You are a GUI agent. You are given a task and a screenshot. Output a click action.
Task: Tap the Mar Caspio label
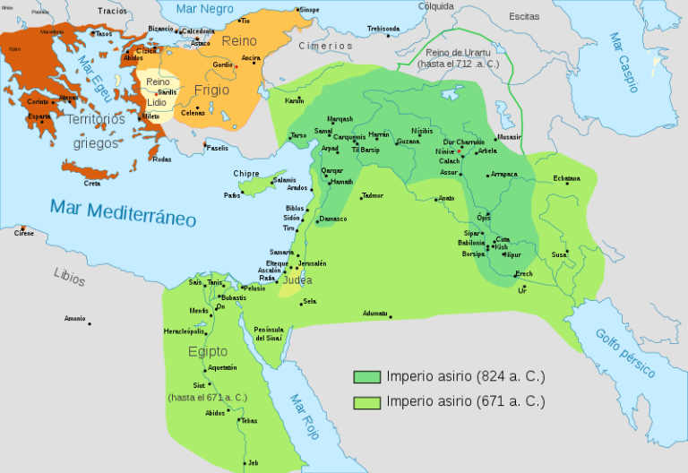pos(623,63)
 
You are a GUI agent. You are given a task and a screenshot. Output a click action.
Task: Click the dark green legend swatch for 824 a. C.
pos(367,376)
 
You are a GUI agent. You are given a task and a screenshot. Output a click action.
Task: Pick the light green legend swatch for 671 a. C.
pos(367,401)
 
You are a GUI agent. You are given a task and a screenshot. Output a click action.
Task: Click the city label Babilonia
pos(470,243)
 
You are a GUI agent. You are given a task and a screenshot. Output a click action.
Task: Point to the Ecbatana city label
pos(566,178)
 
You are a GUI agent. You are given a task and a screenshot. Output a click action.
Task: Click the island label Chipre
pos(245,174)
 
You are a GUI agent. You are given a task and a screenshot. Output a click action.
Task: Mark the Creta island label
pos(92,183)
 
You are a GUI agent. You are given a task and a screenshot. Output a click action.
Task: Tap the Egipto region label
pos(208,351)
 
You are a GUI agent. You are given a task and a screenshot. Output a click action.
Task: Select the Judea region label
pos(297,279)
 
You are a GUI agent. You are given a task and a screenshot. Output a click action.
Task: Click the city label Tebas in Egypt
pos(249,420)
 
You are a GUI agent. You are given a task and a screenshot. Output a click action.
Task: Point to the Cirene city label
pos(24,233)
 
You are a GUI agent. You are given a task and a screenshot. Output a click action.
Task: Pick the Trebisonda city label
pos(383,29)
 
